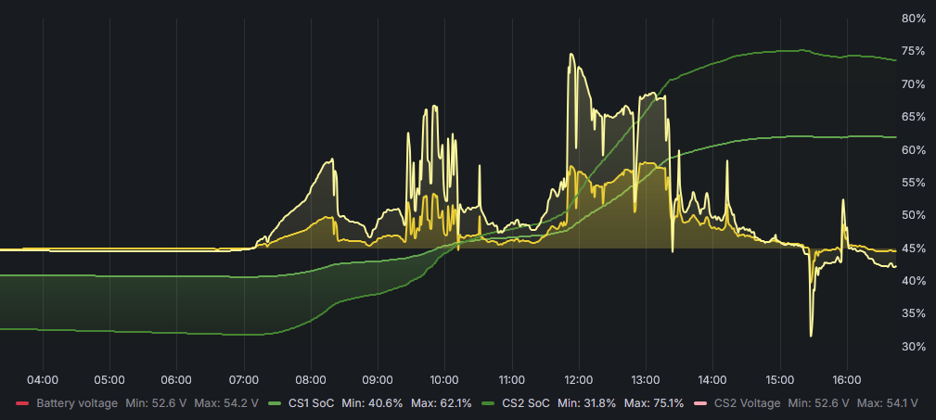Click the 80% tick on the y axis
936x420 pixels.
tap(914, 19)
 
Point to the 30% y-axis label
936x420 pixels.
tap(914, 347)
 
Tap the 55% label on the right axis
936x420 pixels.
tap(914, 183)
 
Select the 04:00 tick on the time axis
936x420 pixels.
tap(43, 380)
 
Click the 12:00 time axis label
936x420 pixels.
tap(579, 380)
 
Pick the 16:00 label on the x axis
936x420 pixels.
tap(847, 380)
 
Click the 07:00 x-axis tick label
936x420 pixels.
tap(244, 380)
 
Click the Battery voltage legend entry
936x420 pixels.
tap(77, 403)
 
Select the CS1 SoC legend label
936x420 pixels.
tap(311, 403)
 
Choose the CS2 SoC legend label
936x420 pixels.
tap(526, 403)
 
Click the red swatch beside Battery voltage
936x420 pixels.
tap(22, 403)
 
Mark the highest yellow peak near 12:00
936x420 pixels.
tap(571, 55)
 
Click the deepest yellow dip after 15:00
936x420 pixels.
tap(811, 335)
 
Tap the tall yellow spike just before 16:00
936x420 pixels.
tap(843, 200)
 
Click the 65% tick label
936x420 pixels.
tap(914, 117)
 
